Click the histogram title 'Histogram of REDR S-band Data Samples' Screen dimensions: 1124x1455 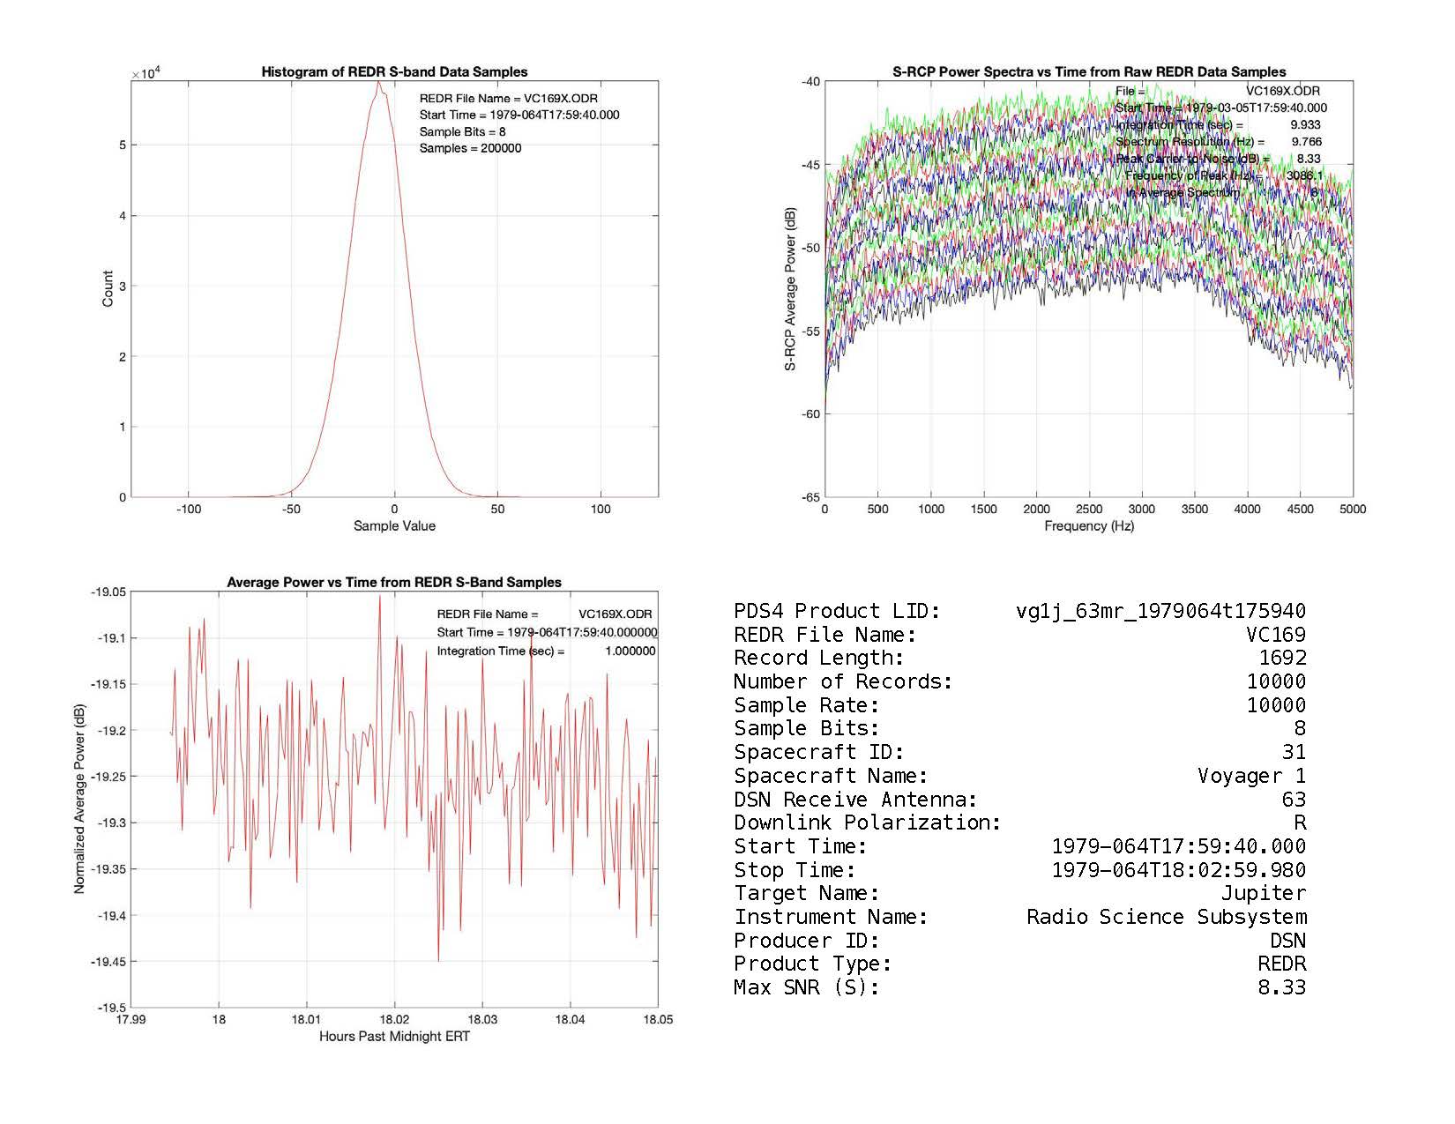coord(394,72)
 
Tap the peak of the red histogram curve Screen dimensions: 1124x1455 coord(378,83)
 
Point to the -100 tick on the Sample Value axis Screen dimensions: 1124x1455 coord(189,509)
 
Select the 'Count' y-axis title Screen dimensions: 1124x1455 coord(108,289)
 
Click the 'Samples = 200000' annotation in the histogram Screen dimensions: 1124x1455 coord(470,148)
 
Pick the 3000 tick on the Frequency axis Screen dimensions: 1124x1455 coord(1142,509)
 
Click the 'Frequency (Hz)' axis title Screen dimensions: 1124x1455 coord(1089,526)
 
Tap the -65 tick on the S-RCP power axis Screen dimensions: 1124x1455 coord(810,497)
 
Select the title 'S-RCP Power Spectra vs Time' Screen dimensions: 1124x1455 coord(1089,72)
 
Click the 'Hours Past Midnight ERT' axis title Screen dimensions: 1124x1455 coord(394,1036)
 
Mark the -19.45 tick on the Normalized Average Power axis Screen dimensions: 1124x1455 coord(108,962)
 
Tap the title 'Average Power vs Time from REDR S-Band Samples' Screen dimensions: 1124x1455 coord(394,582)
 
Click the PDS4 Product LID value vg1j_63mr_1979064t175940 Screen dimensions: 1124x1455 coord(1160,611)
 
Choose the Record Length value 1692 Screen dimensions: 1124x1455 coord(1282,658)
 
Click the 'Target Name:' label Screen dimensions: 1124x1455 coord(806,893)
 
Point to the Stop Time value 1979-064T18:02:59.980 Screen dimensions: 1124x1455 coord(1178,870)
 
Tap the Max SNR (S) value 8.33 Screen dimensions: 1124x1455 coord(1281,987)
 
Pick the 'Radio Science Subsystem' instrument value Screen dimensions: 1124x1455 coord(1166,917)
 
